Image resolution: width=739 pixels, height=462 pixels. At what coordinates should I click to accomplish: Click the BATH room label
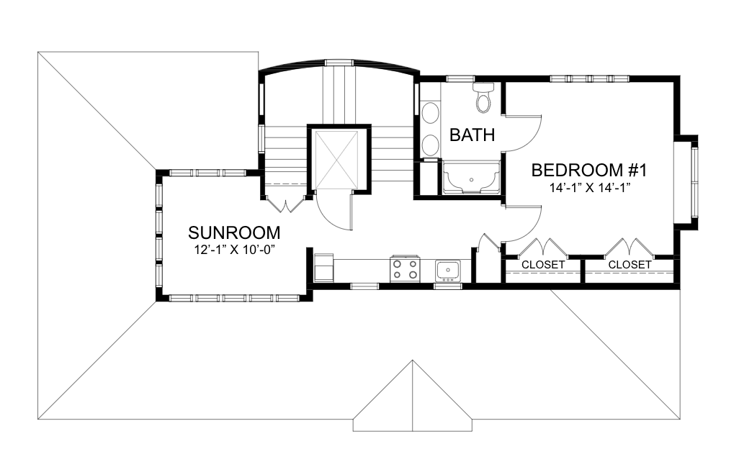click(x=472, y=135)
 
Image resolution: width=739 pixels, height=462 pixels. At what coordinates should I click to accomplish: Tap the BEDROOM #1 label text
click(x=589, y=170)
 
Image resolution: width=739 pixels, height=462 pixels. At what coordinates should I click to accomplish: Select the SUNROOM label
click(x=234, y=232)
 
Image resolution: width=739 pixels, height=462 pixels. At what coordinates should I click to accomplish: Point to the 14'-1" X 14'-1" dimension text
click(x=590, y=188)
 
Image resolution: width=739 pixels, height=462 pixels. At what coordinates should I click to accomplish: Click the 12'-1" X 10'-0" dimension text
click(x=235, y=250)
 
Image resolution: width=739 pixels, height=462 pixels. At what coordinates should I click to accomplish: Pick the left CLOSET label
click(x=543, y=265)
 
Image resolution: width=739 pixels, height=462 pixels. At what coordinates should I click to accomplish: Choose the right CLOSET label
click(x=630, y=265)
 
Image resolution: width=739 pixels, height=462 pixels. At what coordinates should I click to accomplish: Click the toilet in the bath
click(x=483, y=97)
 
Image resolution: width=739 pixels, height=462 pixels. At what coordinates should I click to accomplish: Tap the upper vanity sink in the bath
click(x=430, y=113)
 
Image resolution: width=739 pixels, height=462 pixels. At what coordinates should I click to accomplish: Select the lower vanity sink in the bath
click(x=430, y=145)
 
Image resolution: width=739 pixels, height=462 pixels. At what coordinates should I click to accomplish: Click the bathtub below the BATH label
click(x=471, y=177)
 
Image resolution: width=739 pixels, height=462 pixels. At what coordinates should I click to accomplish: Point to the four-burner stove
click(x=405, y=269)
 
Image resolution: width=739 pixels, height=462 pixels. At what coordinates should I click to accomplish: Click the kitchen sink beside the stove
click(x=448, y=271)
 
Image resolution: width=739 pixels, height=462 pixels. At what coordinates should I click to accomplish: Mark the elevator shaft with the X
click(x=336, y=160)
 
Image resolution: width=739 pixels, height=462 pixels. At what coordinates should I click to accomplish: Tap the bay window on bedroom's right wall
click(x=686, y=182)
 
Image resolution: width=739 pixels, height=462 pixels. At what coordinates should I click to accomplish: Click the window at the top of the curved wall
click(x=339, y=62)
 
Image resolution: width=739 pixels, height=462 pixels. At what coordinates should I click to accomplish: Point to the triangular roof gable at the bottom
click(x=413, y=396)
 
